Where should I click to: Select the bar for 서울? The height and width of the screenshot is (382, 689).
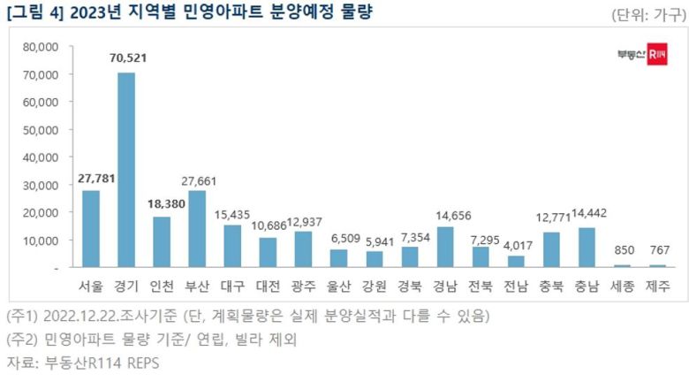[x=91, y=228]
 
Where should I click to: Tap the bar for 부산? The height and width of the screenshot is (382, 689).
[x=197, y=228]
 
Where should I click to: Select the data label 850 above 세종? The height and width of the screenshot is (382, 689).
[x=623, y=250]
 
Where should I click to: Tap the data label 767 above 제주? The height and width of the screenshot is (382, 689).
[x=658, y=250]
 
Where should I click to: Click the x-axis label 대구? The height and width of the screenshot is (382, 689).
[x=232, y=286]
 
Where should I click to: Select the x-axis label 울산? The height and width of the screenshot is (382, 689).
[x=338, y=286]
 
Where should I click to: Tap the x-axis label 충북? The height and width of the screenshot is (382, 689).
[x=551, y=286]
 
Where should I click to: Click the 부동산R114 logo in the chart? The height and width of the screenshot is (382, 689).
[x=641, y=55]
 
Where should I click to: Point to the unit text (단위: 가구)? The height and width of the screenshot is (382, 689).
[x=647, y=15]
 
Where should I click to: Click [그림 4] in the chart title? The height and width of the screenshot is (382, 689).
[x=34, y=13]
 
